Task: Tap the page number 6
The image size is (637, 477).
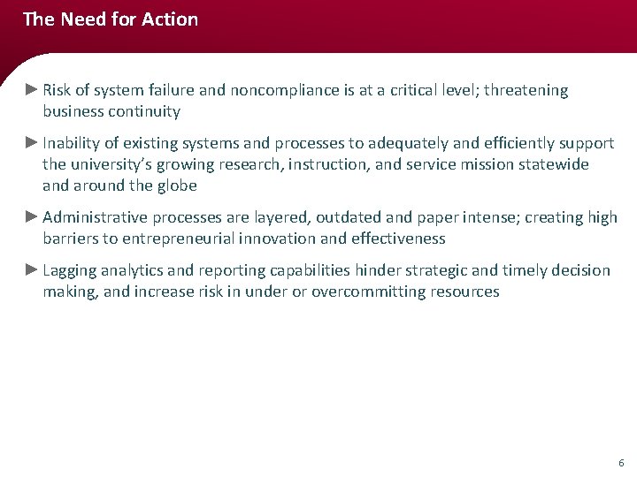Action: click(x=621, y=463)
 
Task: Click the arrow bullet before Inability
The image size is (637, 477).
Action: click(x=32, y=142)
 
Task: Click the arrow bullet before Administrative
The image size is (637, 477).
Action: click(x=32, y=216)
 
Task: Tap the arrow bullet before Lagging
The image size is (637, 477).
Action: click(x=32, y=269)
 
